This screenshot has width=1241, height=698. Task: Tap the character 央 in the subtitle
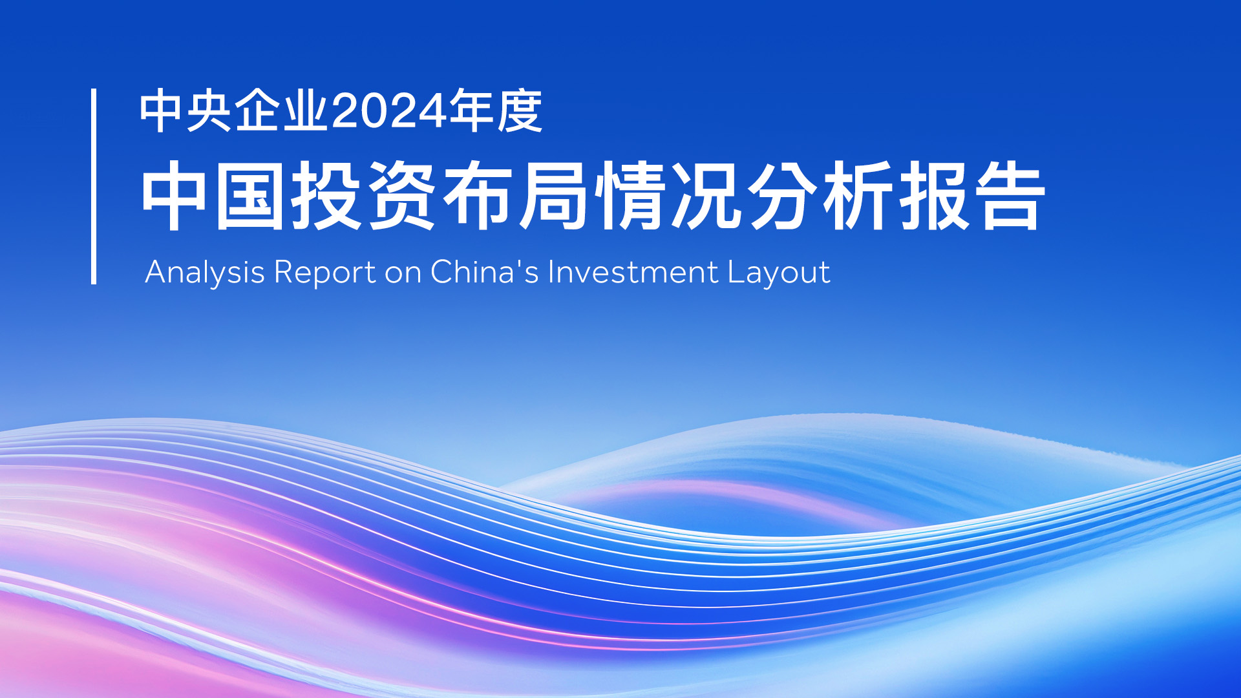click(x=209, y=111)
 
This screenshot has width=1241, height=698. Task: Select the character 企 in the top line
click(x=257, y=111)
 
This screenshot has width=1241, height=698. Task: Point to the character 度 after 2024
click(x=520, y=111)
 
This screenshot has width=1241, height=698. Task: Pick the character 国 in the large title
click(x=249, y=196)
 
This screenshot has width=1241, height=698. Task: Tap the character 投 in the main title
click(x=326, y=196)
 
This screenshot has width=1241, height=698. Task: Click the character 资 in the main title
click(x=401, y=196)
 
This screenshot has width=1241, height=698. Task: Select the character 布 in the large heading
click(x=477, y=196)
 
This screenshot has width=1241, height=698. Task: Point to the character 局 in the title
click(x=553, y=196)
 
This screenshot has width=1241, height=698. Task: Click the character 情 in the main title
click(x=630, y=196)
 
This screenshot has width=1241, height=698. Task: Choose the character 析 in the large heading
click(x=858, y=196)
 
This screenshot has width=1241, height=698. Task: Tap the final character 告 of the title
click(x=1010, y=196)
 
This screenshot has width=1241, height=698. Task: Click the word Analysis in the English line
click(x=205, y=272)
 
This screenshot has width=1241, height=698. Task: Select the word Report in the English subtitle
click(x=324, y=273)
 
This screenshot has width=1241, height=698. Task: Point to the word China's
click(x=485, y=271)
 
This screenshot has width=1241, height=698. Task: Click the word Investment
click(x=633, y=271)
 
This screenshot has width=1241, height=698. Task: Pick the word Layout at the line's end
click(x=779, y=273)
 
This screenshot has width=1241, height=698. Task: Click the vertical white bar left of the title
click(x=94, y=186)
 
